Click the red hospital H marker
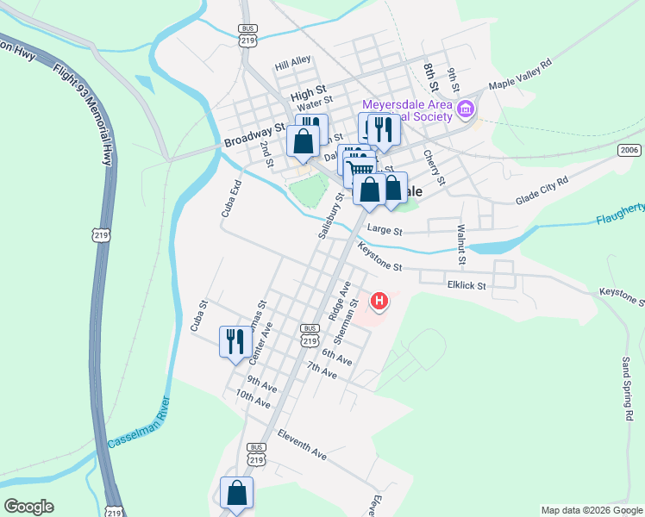(x=379, y=302)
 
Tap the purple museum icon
(x=466, y=109)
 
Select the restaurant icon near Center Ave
(x=235, y=341)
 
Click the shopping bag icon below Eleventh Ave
(x=236, y=493)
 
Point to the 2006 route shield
(x=629, y=150)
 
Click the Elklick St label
(x=467, y=285)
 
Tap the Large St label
(x=385, y=231)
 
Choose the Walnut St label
(x=461, y=245)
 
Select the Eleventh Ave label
(x=302, y=444)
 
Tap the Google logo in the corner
(x=28, y=507)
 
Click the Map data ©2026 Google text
(x=591, y=510)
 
